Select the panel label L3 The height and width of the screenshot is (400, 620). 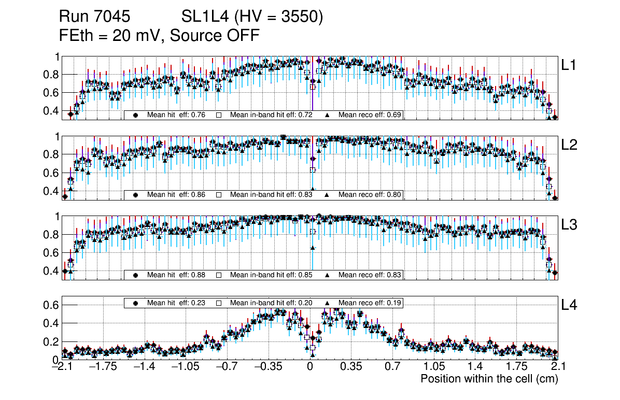point(569,225)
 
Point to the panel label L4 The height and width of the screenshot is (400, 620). point(569,306)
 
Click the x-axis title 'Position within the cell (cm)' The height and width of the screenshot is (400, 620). point(489,379)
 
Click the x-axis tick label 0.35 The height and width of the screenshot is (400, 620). point(351,367)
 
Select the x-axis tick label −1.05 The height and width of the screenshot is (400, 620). point(186,367)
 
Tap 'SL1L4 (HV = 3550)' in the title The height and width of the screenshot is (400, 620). point(252,18)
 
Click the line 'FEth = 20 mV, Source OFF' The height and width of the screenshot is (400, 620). point(159,36)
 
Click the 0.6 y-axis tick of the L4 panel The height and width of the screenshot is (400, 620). point(52,305)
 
